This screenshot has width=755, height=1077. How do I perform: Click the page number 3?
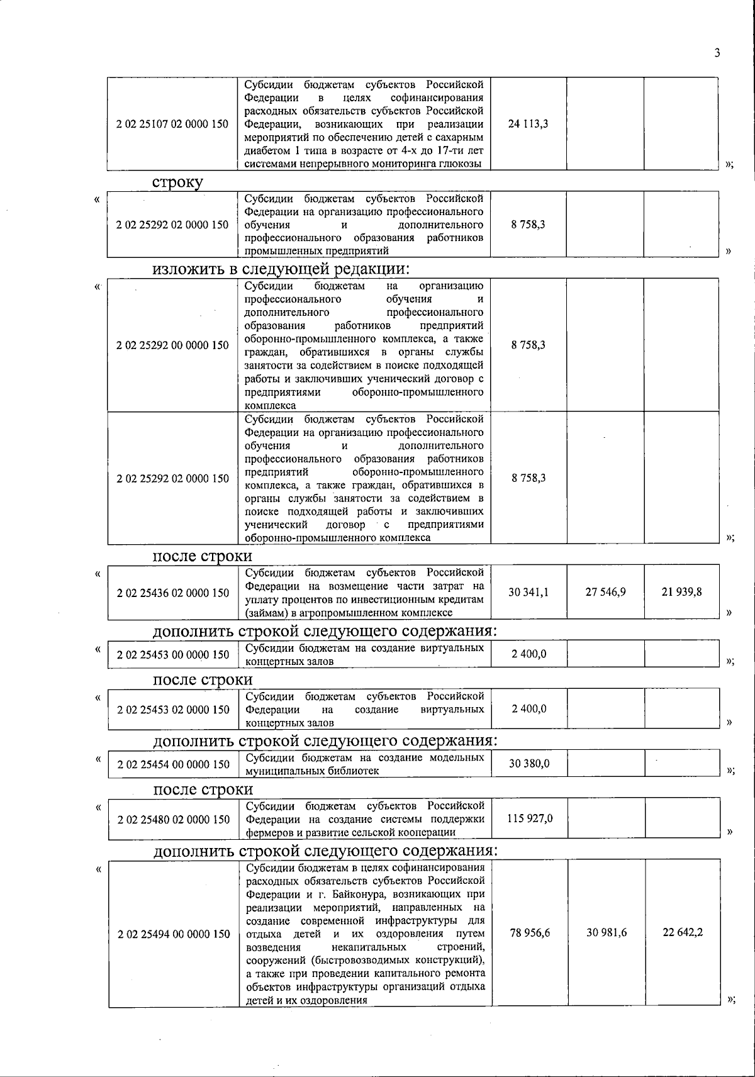point(717,53)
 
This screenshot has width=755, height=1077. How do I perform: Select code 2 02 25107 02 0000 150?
point(172,124)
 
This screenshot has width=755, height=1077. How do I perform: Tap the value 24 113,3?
point(528,124)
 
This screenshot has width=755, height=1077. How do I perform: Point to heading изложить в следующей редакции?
point(281,269)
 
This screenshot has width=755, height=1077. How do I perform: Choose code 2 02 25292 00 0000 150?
point(172,345)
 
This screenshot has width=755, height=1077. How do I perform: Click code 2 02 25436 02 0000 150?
point(173,593)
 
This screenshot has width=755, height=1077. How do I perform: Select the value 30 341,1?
point(528,592)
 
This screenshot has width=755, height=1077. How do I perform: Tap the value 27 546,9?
point(605,592)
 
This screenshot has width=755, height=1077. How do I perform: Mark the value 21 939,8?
point(682,592)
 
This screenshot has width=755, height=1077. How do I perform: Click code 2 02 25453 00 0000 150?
point(173,654)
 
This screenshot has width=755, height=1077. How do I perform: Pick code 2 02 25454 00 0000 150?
point(173,764)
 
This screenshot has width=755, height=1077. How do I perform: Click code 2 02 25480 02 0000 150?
point(173,819)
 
